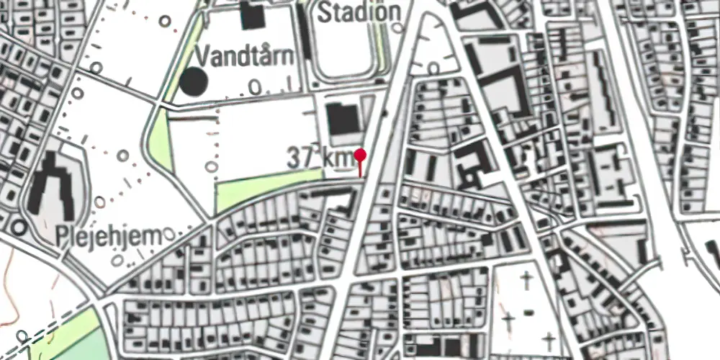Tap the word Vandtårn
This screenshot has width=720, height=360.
[x=245, y=56]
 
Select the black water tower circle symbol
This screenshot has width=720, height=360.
[x=193, y=81]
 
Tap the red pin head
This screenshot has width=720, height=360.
[x=361, y=155]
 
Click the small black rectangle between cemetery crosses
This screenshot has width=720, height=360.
[x=529, y=312]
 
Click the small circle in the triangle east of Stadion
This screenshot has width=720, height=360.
[x=433, y=68]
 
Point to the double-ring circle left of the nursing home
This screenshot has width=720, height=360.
[x=19, y=228]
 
